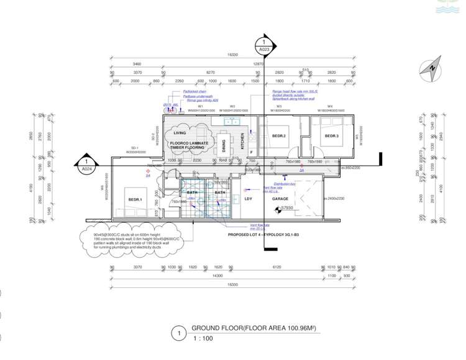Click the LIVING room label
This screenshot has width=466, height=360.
coord(180,133)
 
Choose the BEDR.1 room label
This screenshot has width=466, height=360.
coord(135,199)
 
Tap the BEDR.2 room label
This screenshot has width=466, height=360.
coord(278,135)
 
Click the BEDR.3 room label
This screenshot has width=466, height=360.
coord(331,135)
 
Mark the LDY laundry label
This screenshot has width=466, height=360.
coord(248,199)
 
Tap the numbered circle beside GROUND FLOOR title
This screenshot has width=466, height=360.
coord(178,333)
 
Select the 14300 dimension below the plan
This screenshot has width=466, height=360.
coord(217,275)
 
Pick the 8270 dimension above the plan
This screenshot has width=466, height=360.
coord(210,72)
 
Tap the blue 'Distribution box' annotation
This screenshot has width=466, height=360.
coord(284,184)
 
